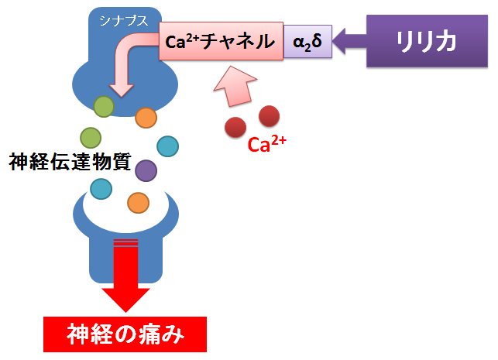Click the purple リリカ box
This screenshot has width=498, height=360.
coord(427,41)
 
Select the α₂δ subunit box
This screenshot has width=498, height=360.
coord(307,41)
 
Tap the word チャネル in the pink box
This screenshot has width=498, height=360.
coord(238,41)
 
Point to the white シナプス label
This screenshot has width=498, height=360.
coord(124,21)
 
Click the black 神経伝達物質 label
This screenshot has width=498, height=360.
coord(70,162)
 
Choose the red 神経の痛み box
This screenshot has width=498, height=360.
coord(125,334)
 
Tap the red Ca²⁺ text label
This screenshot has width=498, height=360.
coord(266,144)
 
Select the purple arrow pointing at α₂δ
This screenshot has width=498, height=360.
coord(349,41)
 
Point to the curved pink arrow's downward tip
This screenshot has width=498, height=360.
coord(122,97)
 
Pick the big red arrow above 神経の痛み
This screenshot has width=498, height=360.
coord(125,276)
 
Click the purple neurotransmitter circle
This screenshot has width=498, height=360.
coord(146,170)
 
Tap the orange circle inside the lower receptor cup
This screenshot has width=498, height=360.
coord(138,203)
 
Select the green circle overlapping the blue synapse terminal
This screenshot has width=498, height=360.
coord(104,106)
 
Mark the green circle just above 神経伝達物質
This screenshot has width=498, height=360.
coord(91,138)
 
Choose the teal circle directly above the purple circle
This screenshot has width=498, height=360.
coord(168,146)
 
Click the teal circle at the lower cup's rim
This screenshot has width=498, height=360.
coord(101,189)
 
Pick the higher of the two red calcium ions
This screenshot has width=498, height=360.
coord(269,116)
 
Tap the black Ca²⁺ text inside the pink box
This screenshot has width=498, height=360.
coord(182,42)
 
